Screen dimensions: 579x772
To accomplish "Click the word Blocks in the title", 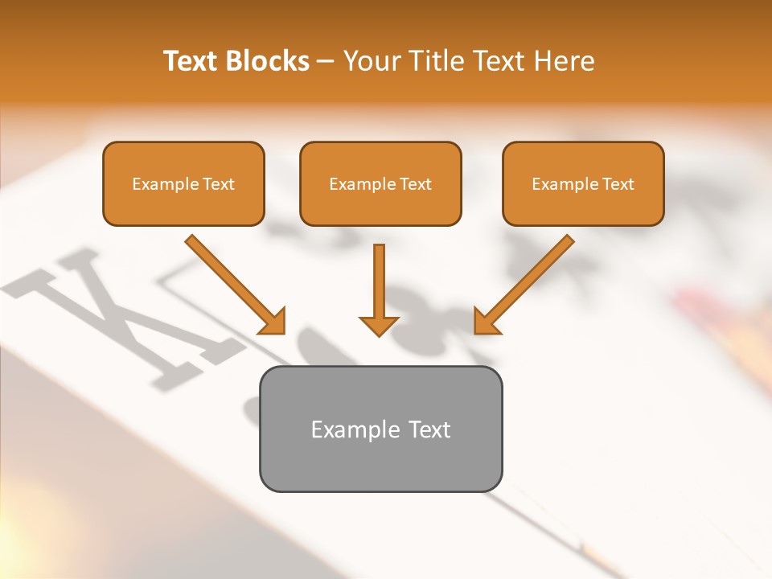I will point(268,61).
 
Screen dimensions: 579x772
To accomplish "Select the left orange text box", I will point(183,183).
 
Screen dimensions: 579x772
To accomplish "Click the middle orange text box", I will point(380,183).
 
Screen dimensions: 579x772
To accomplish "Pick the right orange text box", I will point(583,183).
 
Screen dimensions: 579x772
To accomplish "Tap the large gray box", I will point(380,429).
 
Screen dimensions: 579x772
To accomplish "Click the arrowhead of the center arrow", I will point(379,324).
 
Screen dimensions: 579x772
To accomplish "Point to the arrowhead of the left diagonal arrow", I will point(273,322).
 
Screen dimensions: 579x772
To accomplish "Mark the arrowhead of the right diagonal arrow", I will point(485,322).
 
